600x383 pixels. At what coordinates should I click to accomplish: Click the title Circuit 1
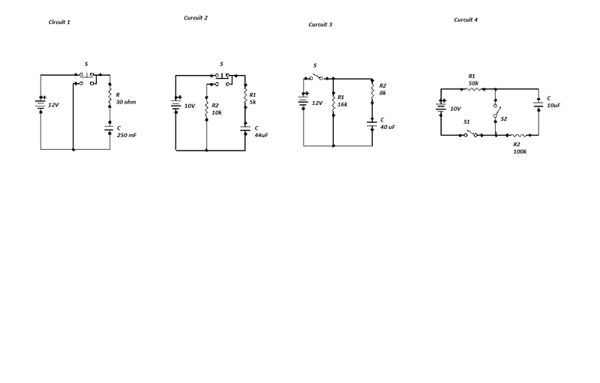tap(59, 22)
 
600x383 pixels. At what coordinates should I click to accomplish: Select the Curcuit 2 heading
tap(196, 17)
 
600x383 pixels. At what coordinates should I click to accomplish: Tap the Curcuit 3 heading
tap(320, 25)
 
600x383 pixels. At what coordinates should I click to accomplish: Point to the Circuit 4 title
tap(466, 19)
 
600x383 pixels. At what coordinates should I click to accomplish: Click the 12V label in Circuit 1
tap(53, 106)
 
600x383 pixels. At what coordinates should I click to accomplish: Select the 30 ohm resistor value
tap(126, 101)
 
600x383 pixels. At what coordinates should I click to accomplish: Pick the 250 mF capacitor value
tap(127, 135)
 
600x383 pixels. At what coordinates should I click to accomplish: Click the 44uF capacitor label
tap(261, 135)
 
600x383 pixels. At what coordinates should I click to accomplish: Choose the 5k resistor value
tap(253, 101)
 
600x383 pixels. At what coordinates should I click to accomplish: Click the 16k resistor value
tap(342, 104)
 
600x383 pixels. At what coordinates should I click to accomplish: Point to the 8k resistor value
tap(382, 92)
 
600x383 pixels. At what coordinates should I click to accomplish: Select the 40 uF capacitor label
tap(387, 127)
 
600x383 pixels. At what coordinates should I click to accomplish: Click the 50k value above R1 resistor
tap(473, 82)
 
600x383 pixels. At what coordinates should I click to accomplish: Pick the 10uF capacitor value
tap(553, 106)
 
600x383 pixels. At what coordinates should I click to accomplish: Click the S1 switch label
tap(466, 121)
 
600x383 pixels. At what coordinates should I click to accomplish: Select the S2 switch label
tap(504, 119)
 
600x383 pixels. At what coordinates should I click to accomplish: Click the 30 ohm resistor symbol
tap(110, 99)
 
